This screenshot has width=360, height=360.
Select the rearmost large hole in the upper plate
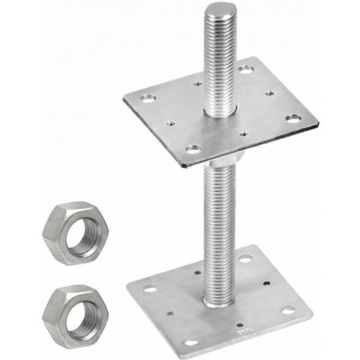(247, 68)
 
